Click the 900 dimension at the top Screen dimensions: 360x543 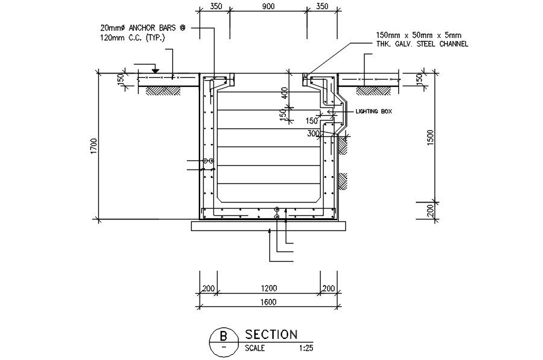(268, 7)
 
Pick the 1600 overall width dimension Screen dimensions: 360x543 (268, 303)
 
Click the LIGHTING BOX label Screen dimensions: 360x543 (374, 112)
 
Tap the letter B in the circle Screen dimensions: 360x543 (224, 335)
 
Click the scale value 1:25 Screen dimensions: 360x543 (305, 348)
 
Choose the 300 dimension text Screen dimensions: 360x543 (313, 133)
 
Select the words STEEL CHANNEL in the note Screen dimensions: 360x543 (441, 44)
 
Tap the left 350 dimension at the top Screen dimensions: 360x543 (216, 7)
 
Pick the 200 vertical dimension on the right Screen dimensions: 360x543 (430, 210)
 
